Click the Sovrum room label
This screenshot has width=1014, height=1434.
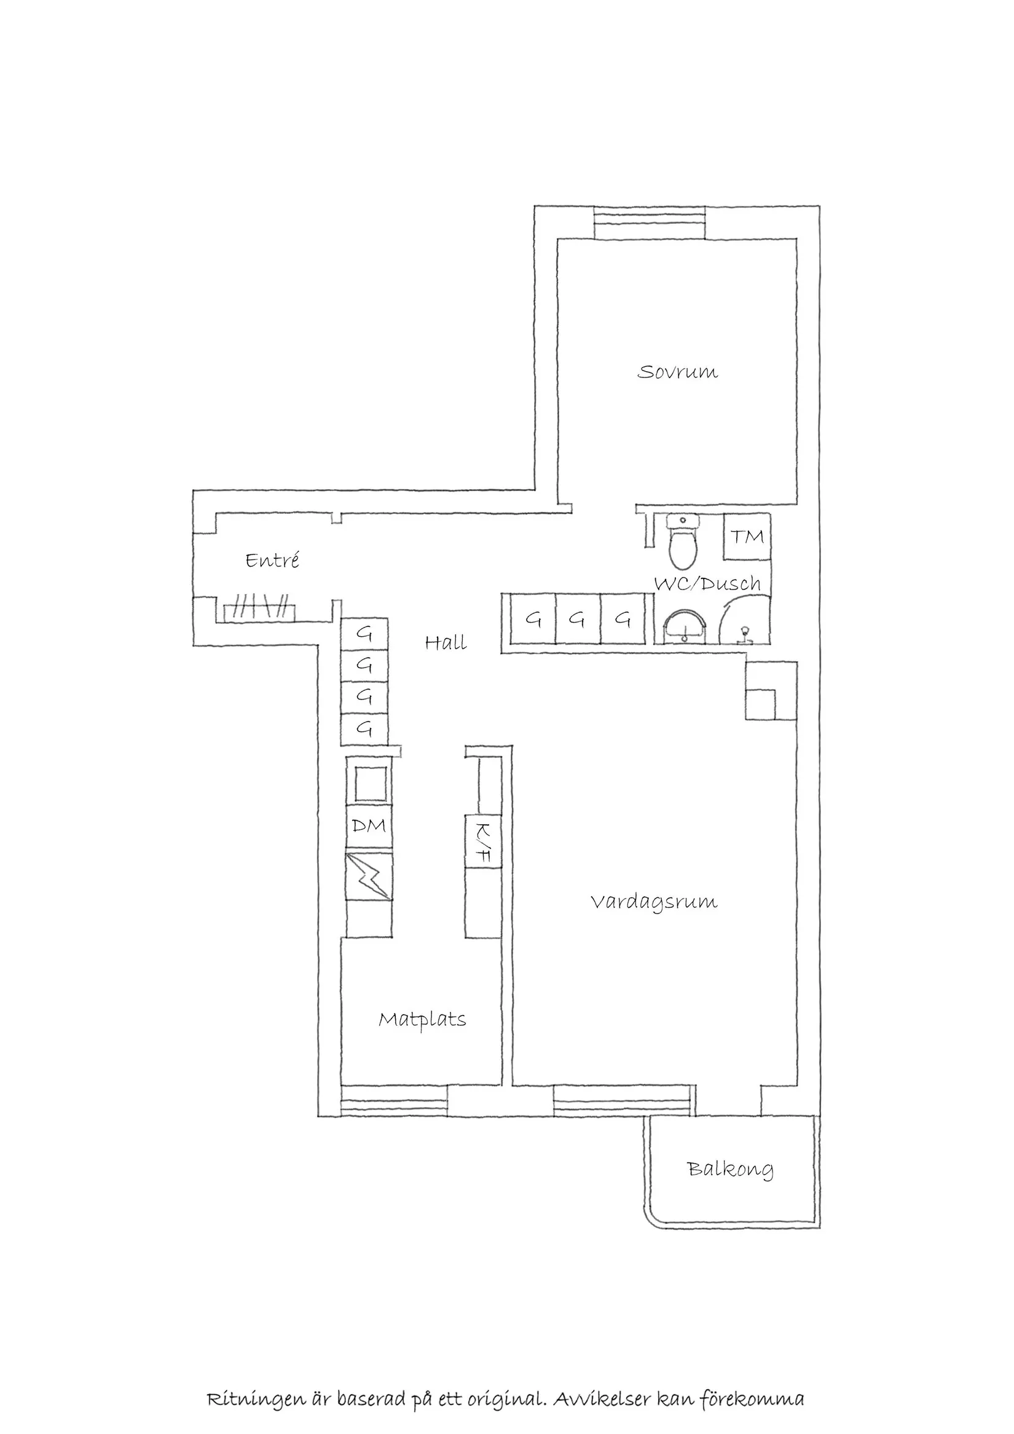[677, 372]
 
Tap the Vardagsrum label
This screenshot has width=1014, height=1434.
[654, 902]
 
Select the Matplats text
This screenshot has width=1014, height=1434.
[422, 1020]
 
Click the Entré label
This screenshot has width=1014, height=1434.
[272, 560]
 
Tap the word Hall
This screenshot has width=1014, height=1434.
[446, 643]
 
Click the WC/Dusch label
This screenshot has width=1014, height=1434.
[707, 584]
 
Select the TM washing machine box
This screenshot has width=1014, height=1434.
[747, 537]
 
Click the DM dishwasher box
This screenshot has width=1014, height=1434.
[369, 826]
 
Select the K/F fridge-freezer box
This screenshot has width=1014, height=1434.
[483, 841]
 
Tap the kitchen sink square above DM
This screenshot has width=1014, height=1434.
[369, 783]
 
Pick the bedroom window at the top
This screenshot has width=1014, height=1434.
[650, 222]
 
